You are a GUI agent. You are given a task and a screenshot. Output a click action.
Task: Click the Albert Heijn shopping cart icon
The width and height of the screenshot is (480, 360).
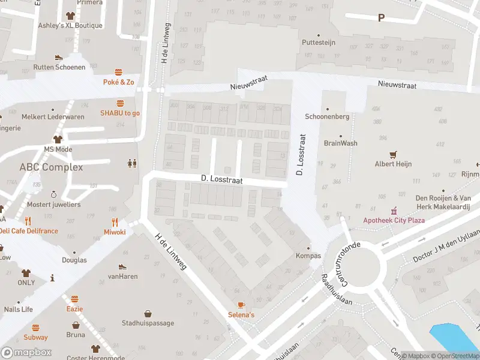pyautogui.click(x=393, y=154)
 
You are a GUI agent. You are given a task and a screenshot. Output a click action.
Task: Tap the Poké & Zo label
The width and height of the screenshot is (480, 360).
pyautogui.click(x=118, y=82)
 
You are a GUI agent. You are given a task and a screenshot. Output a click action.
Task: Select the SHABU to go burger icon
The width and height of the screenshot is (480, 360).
pyautogui.click(x=120, y=103)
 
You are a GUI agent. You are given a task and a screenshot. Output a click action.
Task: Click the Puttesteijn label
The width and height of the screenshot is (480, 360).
pyautogui.click(x=319, y=43)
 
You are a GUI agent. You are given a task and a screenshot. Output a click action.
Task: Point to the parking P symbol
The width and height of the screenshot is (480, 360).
pyautogui.click(x=380, y=18)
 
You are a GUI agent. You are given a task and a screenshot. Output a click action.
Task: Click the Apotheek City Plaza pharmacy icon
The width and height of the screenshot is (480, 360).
pyautogui.click(x=394, y=211)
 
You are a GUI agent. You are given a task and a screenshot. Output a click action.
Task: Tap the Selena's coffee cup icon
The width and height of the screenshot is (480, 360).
pyautogui.click(x=241, y=305)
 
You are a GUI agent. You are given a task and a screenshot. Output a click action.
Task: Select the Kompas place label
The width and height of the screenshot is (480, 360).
pyautogui.click(x=308, y=256)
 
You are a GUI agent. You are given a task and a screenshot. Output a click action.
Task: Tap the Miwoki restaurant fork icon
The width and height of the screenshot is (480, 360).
pyautogui.click(x=115, y=221)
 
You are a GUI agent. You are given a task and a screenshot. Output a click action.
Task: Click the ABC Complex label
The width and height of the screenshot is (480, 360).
pyautogui.click(x=51, y=167)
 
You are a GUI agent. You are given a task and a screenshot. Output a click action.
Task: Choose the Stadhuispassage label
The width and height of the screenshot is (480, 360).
pyautogui.click(x=148, y=323)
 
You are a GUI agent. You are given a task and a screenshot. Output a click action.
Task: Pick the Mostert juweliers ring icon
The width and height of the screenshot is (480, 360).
pyautogui.click(x=53, y=194)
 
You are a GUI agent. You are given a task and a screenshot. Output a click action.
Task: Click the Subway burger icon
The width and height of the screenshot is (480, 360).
pyautogui.click(x=35, y=328)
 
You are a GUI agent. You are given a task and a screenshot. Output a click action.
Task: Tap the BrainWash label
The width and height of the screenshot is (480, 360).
pyautogui.click(x=340, y=143)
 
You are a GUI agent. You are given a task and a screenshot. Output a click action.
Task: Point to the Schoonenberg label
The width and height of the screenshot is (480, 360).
pyautogui.click(x=327, y=116)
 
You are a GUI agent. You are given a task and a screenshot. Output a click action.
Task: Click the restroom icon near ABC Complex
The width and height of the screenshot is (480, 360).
pyautogui.click(x=131, y=163)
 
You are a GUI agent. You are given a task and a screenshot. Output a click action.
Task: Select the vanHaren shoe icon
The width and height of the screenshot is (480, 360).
pyautogui.click(x=122, y=266)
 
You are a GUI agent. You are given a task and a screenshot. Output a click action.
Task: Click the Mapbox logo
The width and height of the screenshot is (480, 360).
pyautogui.click(x=26, y=352)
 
